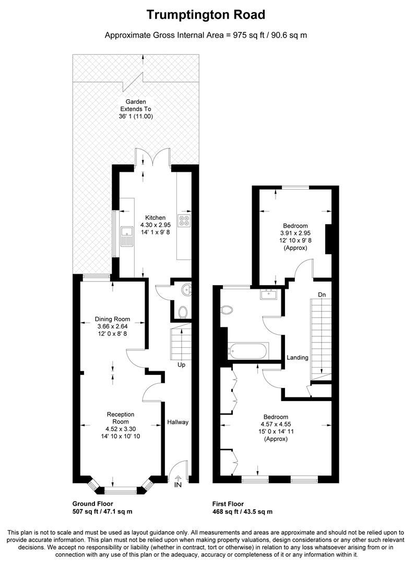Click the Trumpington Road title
click(x=206, y=15)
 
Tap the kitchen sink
click(x=127, y=237)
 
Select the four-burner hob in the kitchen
click(x=184, y=220)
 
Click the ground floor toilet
click(x=183, y=312)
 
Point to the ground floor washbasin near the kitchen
click(x=187, y=289)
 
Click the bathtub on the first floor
click(x=248, y=351)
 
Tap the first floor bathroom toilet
click(x=227, y=310)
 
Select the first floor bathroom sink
click(x=269, y=294)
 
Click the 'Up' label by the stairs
click(x=182, y=365)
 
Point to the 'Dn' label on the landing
click(x=322, y=295)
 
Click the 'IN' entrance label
click(x=178, y=485)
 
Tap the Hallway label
click(x=177, y=422)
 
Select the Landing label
click(x=298, y=358)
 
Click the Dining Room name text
click(x=113, y=319)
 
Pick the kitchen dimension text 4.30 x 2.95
click(x=156, y=225)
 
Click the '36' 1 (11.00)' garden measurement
click(x=136, y=116)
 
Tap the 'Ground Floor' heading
click(x=93, y=503)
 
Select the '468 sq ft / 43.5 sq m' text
click(x=242, y=511)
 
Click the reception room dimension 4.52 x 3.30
click(x=121, y=429)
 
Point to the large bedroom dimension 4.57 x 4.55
click(x=276, y=424)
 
